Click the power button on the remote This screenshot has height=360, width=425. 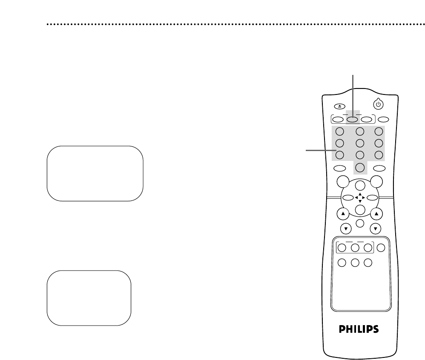tap(378, 103)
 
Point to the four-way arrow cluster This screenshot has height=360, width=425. tap(360, 197)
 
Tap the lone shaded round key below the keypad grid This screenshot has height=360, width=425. tap(360, 168)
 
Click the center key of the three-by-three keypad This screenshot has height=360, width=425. tap(360, 143)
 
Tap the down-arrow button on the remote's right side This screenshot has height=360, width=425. tap(376, 228)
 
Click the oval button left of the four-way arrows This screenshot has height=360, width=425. tap(347, 197)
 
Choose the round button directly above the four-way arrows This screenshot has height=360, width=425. tap(360, 185)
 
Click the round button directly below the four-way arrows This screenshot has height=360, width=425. tap(360, 210)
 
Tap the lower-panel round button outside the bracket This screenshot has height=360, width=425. tap(381, 248)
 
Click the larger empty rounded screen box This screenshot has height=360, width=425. tap(95, 173)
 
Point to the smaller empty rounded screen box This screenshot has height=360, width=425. tap(89, 298)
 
